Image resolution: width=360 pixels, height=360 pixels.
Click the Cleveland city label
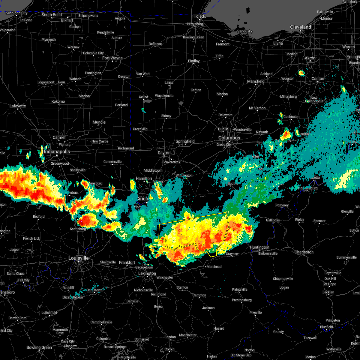pyautogui.click(x=300, y=27)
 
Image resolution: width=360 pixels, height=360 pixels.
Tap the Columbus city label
pyautogui.click(x=229, y=138)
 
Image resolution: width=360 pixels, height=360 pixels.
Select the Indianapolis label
pyautogui.click(x=57, y=151)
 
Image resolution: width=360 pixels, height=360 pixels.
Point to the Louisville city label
pyautogui.click(x=79, y=258)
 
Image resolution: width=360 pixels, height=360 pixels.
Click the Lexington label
pyautogui.click(x=147, y=273)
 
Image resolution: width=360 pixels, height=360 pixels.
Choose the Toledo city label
pyautogui.click(x=200, y=16)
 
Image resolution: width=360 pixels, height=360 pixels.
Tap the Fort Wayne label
pyautogui.click(x=112, y=58)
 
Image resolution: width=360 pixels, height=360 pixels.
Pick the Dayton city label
pyautogui.click(x=164, y=153)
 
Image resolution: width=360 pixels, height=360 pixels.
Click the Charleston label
pyautogui.click(x=304, y=252)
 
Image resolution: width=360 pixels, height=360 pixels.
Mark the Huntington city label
pyautogui.click(x=259, y=247)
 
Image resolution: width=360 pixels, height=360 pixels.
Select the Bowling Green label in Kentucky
pyautogui.click(x=39, y=347)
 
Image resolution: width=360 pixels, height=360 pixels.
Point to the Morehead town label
pyautogui.click(x=214, y=267)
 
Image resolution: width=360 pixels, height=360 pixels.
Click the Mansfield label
pyautogui.click(x=256, y=81)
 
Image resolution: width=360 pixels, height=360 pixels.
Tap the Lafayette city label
pyautogui.click(x=18, y=106)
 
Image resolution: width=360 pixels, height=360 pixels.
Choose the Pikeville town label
pyautogui.click(x=256, y=313)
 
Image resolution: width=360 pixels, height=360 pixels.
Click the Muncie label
pyautogui.click(x=99, y=122)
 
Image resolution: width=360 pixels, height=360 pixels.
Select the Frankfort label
pyautogui.click(x=127, y=262)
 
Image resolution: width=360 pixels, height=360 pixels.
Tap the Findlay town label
pyautogui.click(x=194, y=61)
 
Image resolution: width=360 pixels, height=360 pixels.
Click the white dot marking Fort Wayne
pyautogui.click(x=112, y=61)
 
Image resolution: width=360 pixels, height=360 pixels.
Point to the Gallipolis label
pyautogui.click(x=273, y=220)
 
